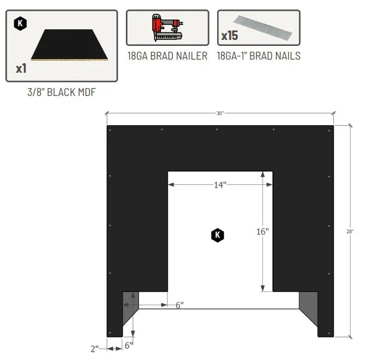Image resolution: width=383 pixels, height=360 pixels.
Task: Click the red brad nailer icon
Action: tap(167, 27)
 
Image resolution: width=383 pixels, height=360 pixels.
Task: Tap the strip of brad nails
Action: tap(263, 28)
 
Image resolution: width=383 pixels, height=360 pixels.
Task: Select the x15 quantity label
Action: tap(230, 36)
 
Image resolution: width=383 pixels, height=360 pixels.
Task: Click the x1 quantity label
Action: tap(21, 69)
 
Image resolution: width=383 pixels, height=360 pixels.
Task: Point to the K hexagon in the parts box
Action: tap(20, 23)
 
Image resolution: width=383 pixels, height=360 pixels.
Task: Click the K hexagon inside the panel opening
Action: tap(217, 235)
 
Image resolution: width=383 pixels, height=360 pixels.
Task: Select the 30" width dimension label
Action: tap(220, 113)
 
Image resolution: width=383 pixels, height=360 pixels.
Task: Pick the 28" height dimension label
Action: tap(350, 231)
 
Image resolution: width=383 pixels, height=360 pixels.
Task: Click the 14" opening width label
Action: tap(220, 185)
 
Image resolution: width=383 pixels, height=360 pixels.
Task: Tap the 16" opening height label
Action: tap(262, 231)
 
